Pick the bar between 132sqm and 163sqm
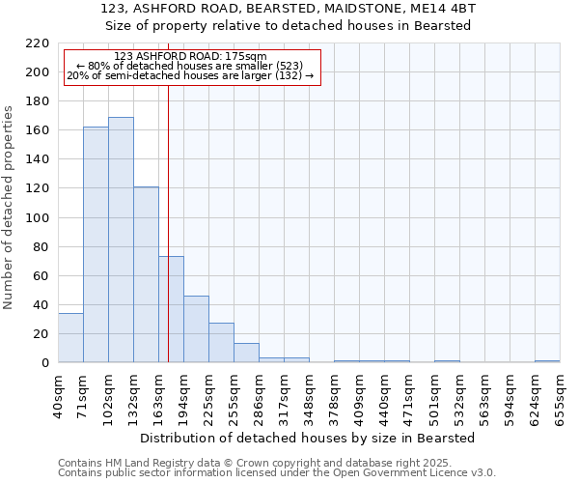146,274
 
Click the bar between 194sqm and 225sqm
196,328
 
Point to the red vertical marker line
168,213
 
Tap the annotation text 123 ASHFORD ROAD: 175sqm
190,57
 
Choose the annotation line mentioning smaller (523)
190,66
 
